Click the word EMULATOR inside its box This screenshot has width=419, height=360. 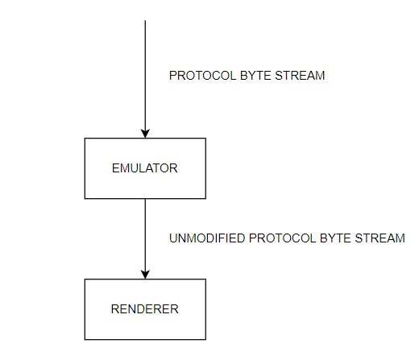click(145, 168)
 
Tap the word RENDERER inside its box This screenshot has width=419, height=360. click(145, 309)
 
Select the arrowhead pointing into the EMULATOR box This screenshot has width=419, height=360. click(145, 134)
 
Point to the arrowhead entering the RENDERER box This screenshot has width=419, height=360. click(145, 275)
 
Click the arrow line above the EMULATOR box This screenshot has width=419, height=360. click(145, 79)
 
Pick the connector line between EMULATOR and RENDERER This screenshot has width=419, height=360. click(145, 239)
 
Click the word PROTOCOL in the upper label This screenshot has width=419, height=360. click(203, 76)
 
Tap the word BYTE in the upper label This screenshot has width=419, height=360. click(255, 76)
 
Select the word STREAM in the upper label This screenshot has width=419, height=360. click(300, 76)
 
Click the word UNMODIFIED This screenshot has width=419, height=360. click(207, 238)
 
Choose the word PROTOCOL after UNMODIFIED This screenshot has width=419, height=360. click(282, 238)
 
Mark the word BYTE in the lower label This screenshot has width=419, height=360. click(335, 238)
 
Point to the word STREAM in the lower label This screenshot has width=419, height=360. click(380, 238)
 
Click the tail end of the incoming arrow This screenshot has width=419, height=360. click(145, 20)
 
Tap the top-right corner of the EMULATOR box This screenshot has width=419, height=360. click(205, 139)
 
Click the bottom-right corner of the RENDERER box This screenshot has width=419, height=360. click(205, 340)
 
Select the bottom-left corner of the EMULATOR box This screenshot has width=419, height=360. click(85, 199)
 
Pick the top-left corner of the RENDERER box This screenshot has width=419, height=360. click(85, 279)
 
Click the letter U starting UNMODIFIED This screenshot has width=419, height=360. click(173, 238)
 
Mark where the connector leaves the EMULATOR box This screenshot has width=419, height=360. click(145, 199)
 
